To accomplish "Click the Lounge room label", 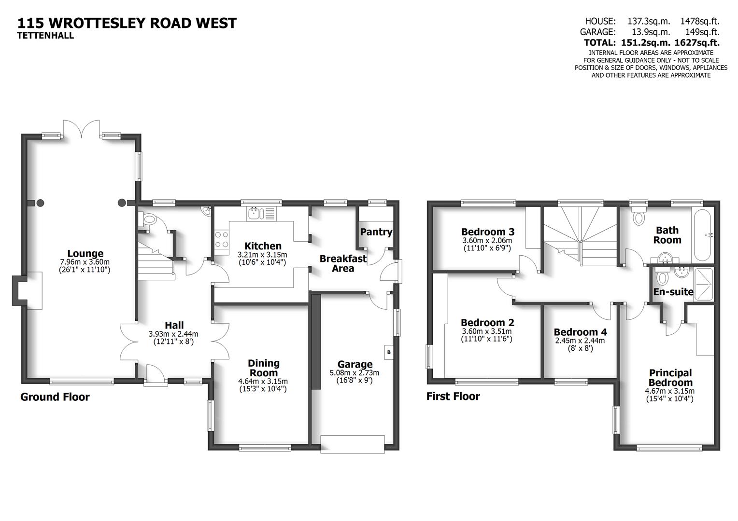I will click(85, 254).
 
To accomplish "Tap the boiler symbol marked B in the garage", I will click(389, 352).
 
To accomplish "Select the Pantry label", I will click(376, 232).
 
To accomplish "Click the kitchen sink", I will click(254, 213).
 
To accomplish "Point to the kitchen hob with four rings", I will click(222, 240).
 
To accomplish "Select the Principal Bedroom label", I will click(670, 377).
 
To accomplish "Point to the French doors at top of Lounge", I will click(82, 129).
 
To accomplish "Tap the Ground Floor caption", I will click(55, 397).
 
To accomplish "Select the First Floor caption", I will click(453, 397).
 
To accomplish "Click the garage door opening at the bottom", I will click(353, 443).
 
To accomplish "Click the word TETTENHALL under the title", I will click(45, 35).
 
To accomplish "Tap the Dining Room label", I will click(263, 368).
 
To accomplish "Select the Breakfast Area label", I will click(343, 263).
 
